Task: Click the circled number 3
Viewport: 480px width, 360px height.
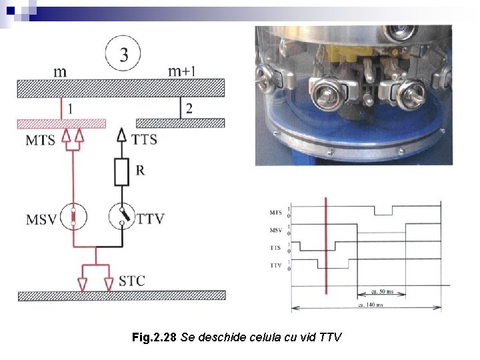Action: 123,54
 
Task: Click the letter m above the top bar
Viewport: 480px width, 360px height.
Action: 60,71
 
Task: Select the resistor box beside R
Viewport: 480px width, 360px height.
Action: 121,172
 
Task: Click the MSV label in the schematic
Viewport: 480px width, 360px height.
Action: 42,218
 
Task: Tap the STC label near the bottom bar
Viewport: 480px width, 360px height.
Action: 131,280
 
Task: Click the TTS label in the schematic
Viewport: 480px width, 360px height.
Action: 145,139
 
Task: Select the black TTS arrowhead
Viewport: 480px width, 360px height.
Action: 121,135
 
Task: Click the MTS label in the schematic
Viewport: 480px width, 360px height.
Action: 41,140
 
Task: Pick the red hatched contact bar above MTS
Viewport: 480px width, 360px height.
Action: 61,123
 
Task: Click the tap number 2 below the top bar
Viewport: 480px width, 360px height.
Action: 189,109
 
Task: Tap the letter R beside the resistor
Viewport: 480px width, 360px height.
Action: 140,170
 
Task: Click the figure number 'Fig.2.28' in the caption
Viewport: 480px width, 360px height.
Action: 154,338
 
